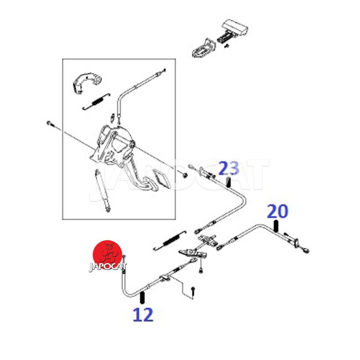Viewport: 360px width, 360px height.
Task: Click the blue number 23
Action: point(229,168)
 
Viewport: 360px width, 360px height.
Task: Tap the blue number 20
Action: point(277,211)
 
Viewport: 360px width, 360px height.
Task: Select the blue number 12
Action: point(143,315)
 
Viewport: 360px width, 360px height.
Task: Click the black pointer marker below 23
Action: point(229,182)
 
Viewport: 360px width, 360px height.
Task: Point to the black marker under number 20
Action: point(276,226)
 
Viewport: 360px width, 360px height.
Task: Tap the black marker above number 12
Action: point(142,297)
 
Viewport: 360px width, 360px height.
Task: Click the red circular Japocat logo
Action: point(108,255)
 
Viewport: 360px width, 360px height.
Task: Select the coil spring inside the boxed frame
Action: point(96,101)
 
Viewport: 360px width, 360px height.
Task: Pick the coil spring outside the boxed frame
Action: point(170,241)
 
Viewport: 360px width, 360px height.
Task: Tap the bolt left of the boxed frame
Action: point(51,124)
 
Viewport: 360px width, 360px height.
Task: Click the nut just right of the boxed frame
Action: point(184,175)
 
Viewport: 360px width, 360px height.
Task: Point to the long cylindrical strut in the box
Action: point(103,190)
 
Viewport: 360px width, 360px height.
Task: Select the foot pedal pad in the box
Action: point(161,177)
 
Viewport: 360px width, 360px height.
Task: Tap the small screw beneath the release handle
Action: point(227,46)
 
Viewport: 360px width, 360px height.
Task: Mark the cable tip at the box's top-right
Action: point(164,70)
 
